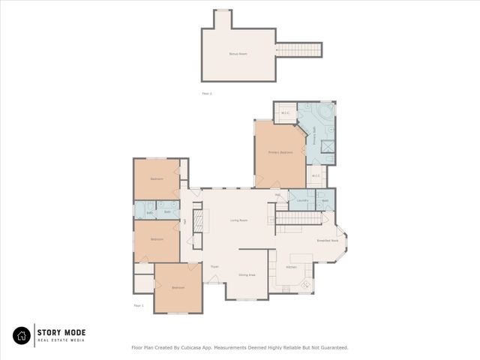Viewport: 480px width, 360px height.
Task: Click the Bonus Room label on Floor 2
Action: pyautogui.click(x=238, y=54)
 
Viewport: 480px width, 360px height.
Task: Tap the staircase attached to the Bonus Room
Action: pyautogui.click(x=298, y=50)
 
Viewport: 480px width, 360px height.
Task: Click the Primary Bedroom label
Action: pyautogui.click(x=280, y=153)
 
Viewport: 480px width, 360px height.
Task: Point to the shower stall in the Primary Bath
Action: pyautogui.click(x=328, y=148)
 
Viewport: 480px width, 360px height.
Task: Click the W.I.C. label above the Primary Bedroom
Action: pyautogui.click(x=285, y=113)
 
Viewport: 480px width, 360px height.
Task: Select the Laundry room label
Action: pyautogui.click(x=303, y=201)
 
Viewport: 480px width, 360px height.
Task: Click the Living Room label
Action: pyautogui.click(x=238, y=220)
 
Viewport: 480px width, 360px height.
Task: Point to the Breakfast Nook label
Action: pyautogui.click(x=328, y=241)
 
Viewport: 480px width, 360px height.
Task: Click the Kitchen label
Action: pyautogui.click(x=292, y=266)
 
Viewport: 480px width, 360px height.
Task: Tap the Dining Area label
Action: pyautogui.click(x=247, y=275)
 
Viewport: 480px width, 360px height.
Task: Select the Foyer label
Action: pyautogui.click(x=214, y=266)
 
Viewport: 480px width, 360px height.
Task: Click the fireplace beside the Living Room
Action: pyautogui.click(x=199, y=221)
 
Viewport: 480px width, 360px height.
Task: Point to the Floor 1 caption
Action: pyautogui.click(x=138, y=305)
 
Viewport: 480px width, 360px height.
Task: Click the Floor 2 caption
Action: pyautogui.click(x=207, y=94)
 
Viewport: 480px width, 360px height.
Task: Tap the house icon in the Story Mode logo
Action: pyautogui.click(x=22, y=336)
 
